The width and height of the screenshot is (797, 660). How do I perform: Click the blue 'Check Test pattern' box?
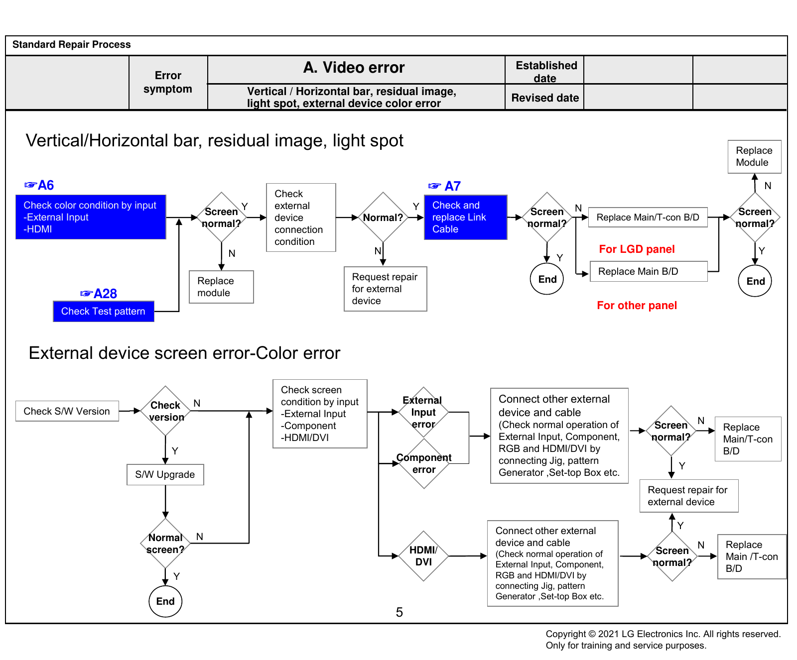click(x=104, y=311)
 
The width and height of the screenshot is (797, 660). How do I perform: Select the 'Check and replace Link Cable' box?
click(x=466, y=217)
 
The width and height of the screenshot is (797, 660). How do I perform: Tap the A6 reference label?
click(x=39, y=185)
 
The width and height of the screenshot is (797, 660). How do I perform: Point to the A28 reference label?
click(x=99, y=294)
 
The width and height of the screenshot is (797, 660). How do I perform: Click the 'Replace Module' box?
click(x=754, y=157)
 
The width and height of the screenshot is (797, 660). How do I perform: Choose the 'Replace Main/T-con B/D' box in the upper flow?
click(x=648, y=218)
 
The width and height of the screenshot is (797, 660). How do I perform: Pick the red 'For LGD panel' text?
click(x=637, y=249)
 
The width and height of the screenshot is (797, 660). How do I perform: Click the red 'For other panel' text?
click(x=637, y=305)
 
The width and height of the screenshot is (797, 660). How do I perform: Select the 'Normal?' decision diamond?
click(x=383, y=218)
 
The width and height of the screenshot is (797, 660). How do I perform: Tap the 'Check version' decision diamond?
click(x=165, y=411)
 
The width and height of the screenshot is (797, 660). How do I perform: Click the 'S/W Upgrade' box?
click(x=165, y=474)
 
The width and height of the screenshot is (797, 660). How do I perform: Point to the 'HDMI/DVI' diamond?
click(x=423, y=556)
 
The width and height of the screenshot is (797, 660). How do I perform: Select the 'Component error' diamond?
click(x=424, y=463)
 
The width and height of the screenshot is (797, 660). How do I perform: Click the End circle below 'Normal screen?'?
click(x=165, y=601)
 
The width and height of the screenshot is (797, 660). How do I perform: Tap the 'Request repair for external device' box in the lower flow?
click(x=689, y=496)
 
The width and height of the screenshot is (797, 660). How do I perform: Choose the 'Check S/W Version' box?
click(x=67, y=411)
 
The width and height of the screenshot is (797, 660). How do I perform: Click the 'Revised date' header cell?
click(x=545, y=98)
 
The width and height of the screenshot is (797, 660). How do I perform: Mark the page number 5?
click(x=399, y=612)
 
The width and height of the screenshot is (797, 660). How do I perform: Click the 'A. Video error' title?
click(x=354, y=67)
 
